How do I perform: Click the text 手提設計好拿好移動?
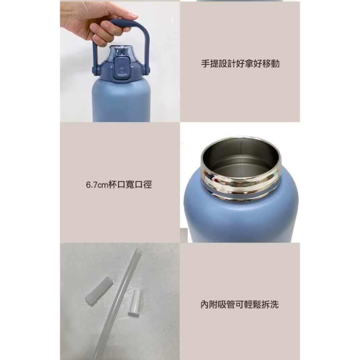pos(240,64)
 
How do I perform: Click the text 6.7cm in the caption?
pos(96,185)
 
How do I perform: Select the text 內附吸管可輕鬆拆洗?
pos(240,305)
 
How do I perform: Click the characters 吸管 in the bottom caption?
pos(227,305)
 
